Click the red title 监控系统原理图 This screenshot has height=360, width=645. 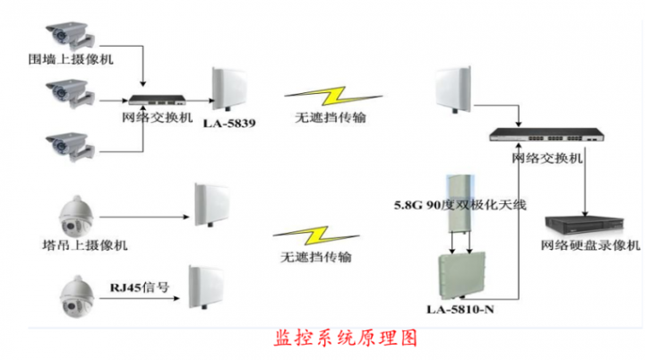(346, 339)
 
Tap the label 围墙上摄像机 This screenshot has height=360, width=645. (71, 59)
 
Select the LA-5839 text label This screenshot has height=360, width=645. (229, 123)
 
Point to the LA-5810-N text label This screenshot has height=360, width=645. (460, 309)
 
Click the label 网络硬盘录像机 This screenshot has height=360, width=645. (590, 245)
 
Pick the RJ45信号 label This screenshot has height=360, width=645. (140, 287)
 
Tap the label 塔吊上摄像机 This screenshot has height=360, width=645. (85, 245)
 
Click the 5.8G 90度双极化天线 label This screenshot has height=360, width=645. (460, 204)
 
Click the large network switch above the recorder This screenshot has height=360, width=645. (546, 135)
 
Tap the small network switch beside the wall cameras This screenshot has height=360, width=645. (157, 100)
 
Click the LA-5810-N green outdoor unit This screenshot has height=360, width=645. (462, 277)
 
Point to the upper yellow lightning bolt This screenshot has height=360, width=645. (333, 97)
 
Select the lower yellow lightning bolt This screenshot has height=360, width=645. (316, 236)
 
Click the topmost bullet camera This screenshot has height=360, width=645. (71, 36)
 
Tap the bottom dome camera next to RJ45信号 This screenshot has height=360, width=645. (76, 296)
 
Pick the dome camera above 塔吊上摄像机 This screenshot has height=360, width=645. (76, 216)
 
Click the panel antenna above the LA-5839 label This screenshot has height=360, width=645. (228, 90)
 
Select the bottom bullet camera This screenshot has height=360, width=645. (71, 147)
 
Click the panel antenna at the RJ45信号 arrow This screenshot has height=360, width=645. (206, 287)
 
